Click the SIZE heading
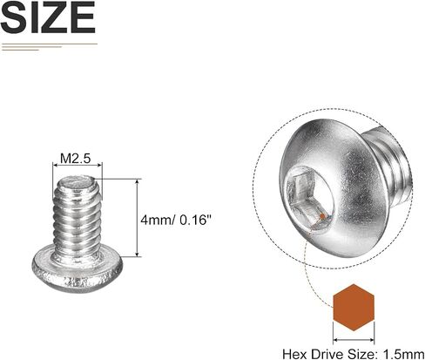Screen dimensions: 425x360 [48, 17]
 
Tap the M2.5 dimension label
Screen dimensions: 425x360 [76, 159]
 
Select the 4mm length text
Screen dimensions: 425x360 [156, 220]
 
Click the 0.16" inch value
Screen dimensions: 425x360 [194, 220]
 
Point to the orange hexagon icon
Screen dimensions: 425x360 [354, 308]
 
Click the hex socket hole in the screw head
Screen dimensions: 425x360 [308, 198]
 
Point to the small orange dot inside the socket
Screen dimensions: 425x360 [322, 216]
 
